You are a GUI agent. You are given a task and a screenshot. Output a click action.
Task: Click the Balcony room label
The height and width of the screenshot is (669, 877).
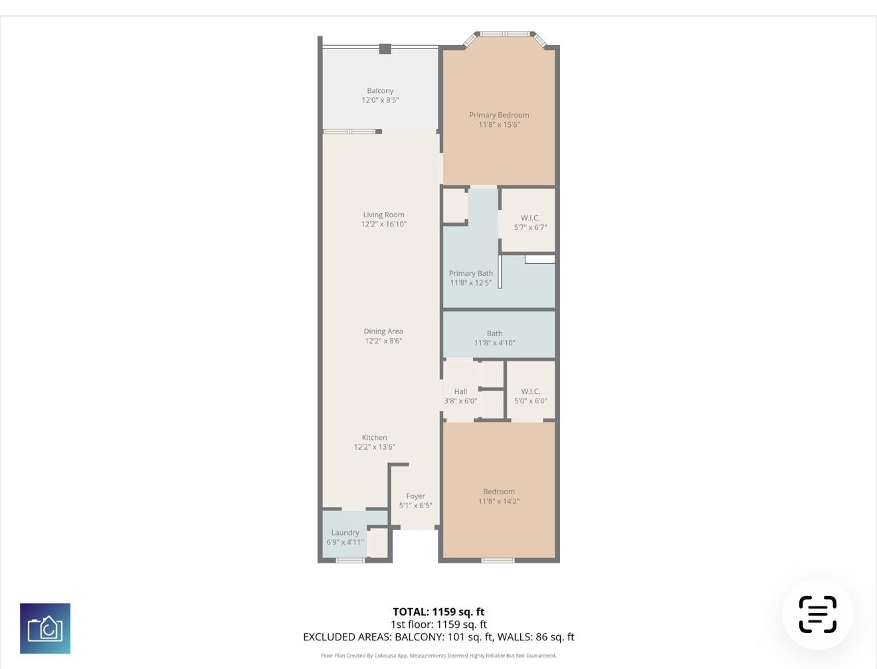click(380, 90)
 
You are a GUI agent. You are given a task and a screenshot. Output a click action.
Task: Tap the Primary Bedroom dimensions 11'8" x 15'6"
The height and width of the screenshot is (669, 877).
click(499, 125)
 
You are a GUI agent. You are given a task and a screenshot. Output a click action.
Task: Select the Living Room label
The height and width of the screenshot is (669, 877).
click(383, 215)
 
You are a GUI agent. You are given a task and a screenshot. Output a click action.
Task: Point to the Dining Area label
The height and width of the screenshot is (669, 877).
click(383, 332)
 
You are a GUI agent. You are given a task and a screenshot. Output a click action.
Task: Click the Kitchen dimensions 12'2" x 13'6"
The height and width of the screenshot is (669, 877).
click(374, 447)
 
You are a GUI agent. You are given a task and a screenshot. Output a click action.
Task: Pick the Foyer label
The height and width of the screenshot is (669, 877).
click(415, 496)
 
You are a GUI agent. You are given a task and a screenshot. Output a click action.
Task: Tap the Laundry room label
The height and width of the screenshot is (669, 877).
click(345, 533)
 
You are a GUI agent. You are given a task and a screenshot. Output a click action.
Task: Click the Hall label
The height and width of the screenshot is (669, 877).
click(460, 391)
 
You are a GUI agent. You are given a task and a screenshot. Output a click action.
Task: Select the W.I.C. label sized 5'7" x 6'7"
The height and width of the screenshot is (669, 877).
click(530, 218)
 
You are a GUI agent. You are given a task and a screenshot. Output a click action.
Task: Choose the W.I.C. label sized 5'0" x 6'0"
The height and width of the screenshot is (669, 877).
click(531, 391)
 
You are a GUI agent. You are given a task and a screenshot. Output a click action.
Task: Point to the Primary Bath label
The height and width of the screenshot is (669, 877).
click(470, 273)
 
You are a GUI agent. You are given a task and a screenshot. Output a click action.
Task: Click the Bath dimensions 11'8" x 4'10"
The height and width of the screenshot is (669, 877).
click(494, 343)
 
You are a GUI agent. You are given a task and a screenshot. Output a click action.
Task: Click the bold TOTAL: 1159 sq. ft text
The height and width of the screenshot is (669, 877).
click(438, 612)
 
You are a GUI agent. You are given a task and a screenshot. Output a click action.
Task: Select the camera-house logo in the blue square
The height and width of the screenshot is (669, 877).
click(45, 628)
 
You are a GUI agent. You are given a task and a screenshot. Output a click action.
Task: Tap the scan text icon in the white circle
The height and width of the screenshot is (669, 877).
click(817, 615)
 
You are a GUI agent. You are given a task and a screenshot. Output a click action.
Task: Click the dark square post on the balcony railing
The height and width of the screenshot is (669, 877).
click(385, 48)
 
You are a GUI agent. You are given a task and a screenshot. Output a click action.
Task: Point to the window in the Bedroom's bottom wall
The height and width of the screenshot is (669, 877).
click(498, 560)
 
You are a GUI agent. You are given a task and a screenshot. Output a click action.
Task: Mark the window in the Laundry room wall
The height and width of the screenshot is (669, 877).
click(350, 560)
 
